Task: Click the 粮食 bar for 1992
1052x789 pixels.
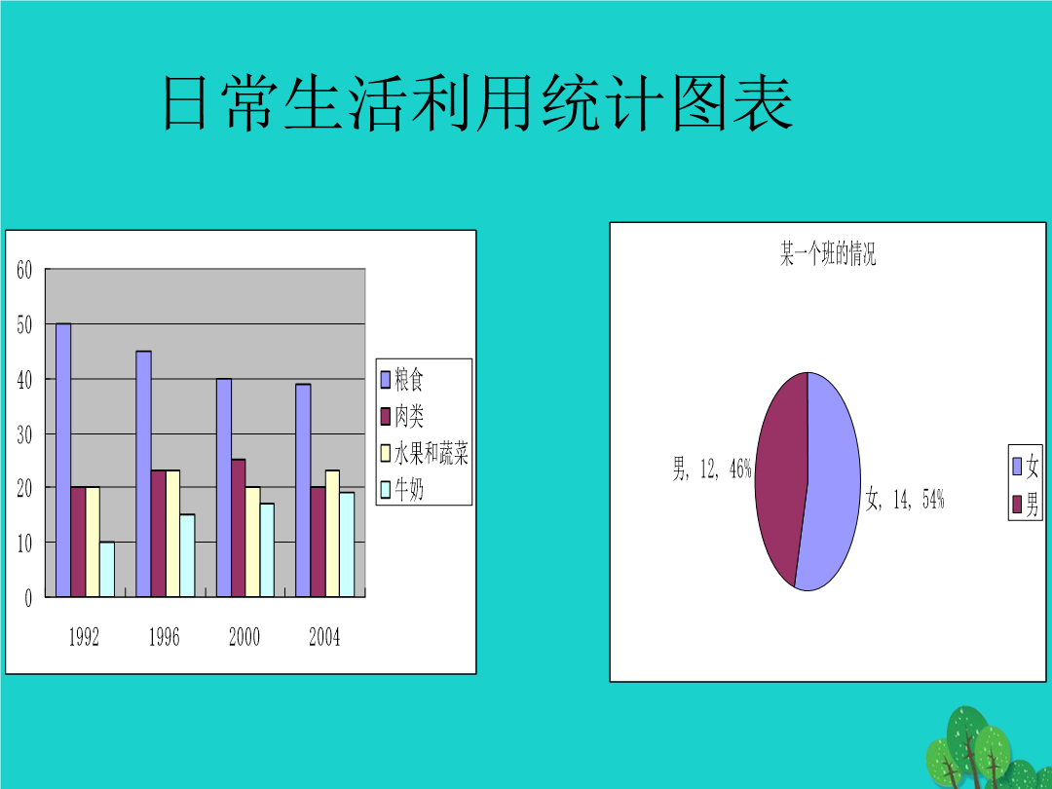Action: click(x=63, y=460)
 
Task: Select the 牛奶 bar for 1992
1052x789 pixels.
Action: click(x=107, y=569)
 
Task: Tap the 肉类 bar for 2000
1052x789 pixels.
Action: click(x=239, y=528)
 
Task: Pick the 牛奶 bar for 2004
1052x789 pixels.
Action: click(x=347, y=545)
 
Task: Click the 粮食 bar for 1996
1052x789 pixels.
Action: click(x=143, y=473)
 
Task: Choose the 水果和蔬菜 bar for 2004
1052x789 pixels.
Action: click(x=332, y=534)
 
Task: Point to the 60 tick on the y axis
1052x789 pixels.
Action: click(x=24, y=270)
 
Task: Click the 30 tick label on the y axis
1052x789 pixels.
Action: click(x=24, y=434)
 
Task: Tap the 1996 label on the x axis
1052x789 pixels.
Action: click(x=165, y=637)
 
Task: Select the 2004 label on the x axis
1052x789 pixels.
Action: click(x=324, y=637)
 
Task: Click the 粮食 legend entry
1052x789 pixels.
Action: click(x=402, y=380)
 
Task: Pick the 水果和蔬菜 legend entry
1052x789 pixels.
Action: click(x=425, y=454)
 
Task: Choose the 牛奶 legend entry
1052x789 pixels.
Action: click(x=402, y=490)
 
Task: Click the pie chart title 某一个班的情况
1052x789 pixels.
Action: click(x=828, y=254)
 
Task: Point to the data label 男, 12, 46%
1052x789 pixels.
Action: click(x=712, y=469)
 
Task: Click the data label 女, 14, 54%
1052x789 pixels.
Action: click(x=904, y=499)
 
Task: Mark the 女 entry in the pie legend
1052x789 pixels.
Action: click(x=1025, y=467)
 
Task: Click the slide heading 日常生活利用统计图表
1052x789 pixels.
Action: click(x=478, y=102)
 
